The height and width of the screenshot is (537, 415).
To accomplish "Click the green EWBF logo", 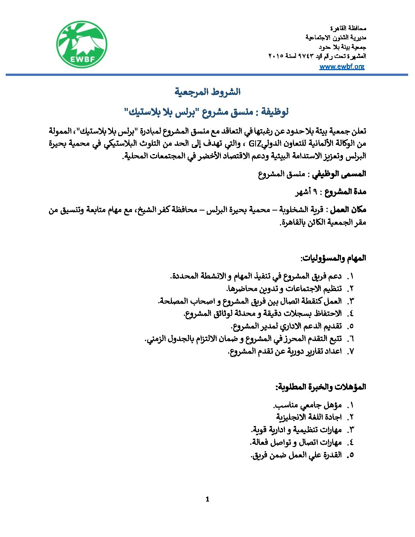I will point(82,44).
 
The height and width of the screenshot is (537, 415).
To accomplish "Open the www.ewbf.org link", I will point(342,66).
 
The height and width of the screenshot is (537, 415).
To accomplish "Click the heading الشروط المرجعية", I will point(207,92).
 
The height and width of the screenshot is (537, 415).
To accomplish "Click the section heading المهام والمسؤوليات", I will point(333,258).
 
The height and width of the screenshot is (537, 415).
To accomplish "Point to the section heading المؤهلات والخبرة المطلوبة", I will point(321,387).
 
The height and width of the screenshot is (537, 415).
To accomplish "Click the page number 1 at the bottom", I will point(207,499).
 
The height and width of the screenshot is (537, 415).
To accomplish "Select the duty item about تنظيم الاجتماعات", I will point(284,289).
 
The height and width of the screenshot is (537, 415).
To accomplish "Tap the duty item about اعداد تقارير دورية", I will point(285,351).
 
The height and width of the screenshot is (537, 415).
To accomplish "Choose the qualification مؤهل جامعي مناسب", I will point(307,405).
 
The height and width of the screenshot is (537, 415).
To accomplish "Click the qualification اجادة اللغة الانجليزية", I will point(309,417).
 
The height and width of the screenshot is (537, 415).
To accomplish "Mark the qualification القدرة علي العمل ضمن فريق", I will point(296,455).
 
